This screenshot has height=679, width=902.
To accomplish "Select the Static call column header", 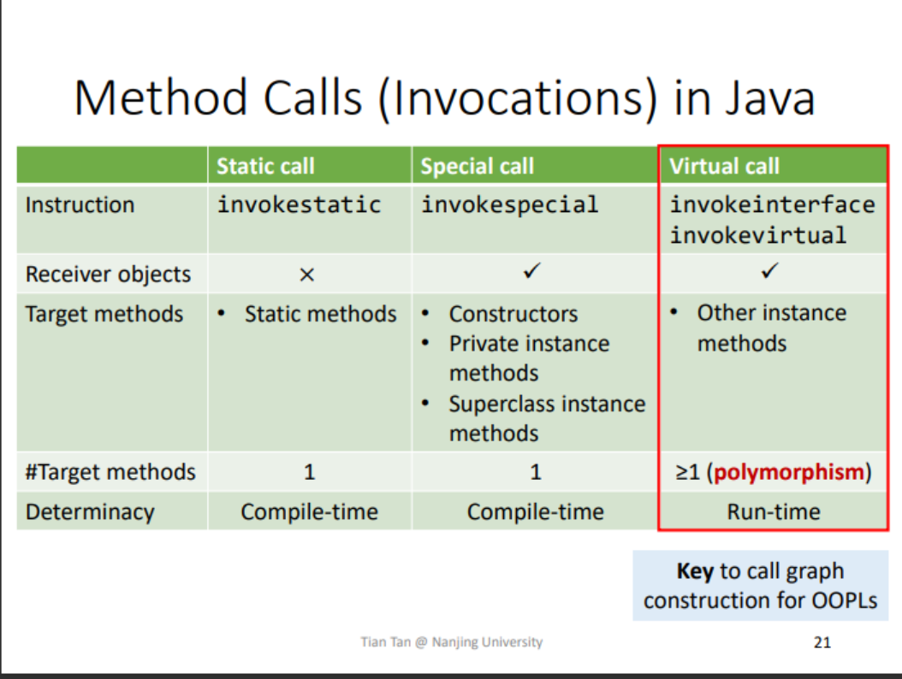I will [265, 166].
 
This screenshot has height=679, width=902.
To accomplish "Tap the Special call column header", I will [477, 166].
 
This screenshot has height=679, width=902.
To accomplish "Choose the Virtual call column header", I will [724, 166].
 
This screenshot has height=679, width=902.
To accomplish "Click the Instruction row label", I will [80, 205].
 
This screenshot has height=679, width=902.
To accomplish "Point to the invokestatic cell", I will [299, 205].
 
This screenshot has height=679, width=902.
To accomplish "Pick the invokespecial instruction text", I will [509, 205].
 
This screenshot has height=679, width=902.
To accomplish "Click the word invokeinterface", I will [772, 205].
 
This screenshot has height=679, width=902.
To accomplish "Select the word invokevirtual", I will [757, 234].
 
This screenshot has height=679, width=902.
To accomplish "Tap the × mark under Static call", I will [307, 275].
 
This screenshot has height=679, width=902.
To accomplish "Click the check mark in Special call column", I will [533, 273].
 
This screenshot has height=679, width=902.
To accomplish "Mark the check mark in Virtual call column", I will [771, 273].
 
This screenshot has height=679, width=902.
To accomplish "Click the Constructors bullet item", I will [513, 315].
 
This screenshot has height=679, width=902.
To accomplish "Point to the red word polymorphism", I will [788, 472].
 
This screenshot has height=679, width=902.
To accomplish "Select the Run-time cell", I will [773, 512].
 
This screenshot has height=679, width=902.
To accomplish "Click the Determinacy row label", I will [90, 512].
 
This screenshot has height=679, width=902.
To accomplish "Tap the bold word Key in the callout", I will [695, 571].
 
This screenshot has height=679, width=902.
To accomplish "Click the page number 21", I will [822, 642].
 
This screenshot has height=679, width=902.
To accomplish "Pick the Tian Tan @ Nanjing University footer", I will [451, 642].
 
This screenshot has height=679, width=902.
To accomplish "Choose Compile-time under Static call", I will [309, 512].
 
